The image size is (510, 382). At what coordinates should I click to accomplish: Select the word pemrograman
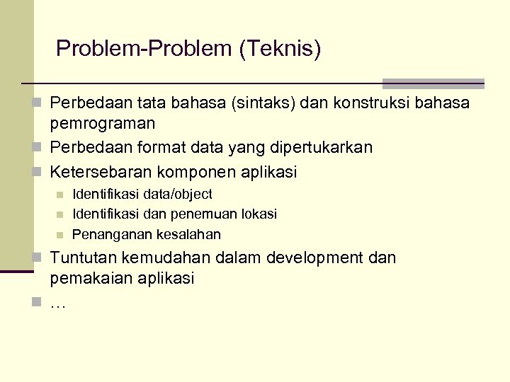coord(103,124)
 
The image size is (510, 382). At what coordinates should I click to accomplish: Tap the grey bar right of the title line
coord(433,83)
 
